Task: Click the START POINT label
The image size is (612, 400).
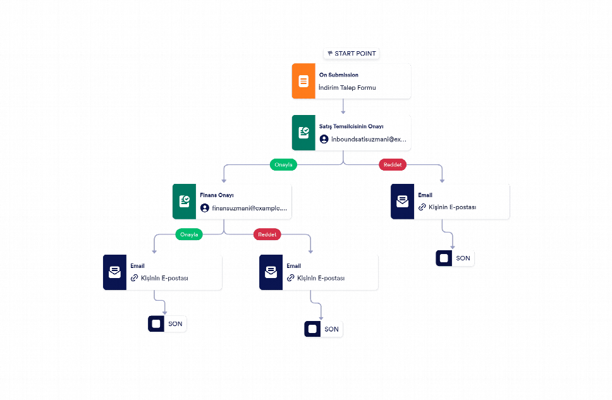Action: (x=352, y=54)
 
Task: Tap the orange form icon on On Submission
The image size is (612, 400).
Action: (x=303, y=81)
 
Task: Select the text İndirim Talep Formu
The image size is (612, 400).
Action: (x=347, y=87)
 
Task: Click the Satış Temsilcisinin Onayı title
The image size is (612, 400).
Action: (x=352, y=126)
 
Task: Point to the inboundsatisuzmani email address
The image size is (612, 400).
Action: (x=369, y=139)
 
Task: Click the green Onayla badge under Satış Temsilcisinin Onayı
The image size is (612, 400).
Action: (x=283, y=165)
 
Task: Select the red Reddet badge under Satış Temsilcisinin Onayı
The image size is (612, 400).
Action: (x=393, y=165)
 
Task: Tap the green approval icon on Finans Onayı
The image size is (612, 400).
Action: (x=184, y=202)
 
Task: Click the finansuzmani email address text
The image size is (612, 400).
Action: (x=249, y=208)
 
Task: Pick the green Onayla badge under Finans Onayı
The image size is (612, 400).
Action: (x=189, y=234)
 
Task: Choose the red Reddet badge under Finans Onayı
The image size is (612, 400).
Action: (x=267, y=234)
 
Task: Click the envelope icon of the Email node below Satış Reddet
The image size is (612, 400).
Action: (x=402, y=202)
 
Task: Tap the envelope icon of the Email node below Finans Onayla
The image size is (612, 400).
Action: (x=115, y=272)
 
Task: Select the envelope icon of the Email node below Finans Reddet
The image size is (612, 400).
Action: (x=271, y=272)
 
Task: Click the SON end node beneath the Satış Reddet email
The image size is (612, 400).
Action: (x=455, y=258)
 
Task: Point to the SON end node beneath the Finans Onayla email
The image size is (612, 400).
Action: (x=167, y=324)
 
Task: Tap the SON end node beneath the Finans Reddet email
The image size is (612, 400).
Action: (x=324, y=329)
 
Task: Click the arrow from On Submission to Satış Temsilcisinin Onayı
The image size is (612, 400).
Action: (x=343, y=106)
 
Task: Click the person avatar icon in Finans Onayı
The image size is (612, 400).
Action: (x=204, y=208)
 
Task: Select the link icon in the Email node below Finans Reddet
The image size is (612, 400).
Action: (x=290, y=278)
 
